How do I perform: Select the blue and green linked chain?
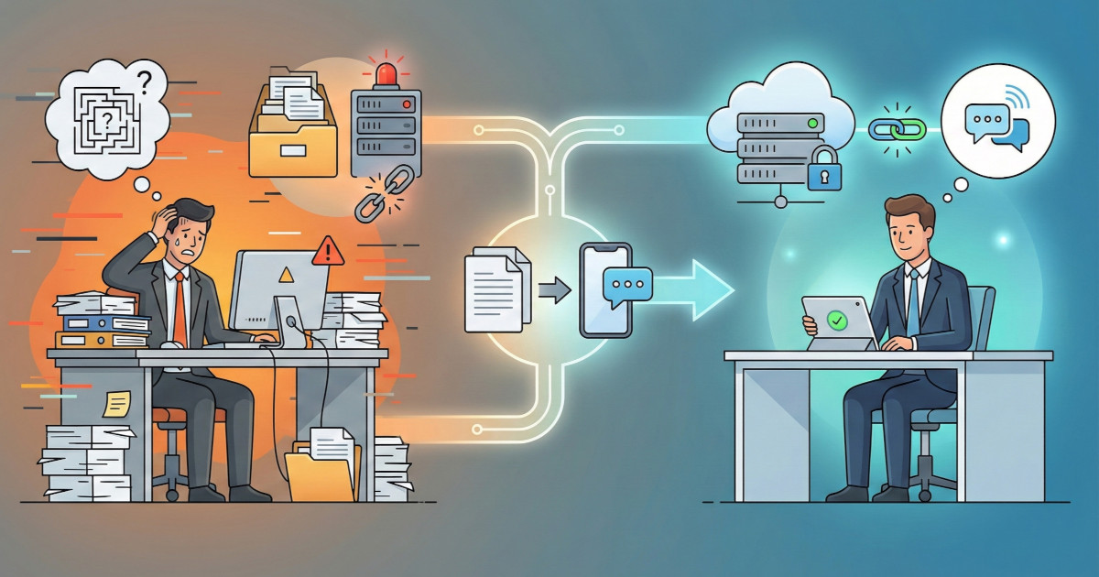coord(897,128)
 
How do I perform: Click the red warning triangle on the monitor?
coord(327,251)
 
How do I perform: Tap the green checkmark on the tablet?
coord(835,321)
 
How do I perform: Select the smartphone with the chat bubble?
coord(606,289)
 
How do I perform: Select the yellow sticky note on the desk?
coord(116,404)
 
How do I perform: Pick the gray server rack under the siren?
coord(386,132)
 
